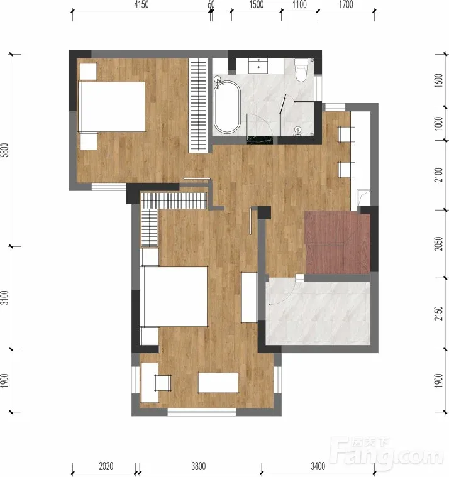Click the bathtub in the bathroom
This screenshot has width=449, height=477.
tap(227, 106)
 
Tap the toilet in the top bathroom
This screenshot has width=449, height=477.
tap(301, 70)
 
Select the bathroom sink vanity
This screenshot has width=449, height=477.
tap(258, 66)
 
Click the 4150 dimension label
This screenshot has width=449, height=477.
tap(141, 4)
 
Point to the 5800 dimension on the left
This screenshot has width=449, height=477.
tap(4, 150)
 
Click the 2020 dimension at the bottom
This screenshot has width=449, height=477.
tap(106, 466)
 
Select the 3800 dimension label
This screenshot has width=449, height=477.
tap(199, 466)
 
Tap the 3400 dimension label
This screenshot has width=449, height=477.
tap(318, 466)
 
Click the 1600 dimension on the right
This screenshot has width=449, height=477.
tap(439, 80)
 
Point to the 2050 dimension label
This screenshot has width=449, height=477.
tap(439, 244)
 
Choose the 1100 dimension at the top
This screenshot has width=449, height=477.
tap(299, 4)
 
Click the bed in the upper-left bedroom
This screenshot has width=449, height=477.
tap(111, 106)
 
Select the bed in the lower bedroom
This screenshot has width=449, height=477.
tap(174, 297)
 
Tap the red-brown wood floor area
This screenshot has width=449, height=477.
tap(337, 243)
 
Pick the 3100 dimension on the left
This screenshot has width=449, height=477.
tap(4, 297)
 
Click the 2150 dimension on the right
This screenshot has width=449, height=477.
tap(439, 314)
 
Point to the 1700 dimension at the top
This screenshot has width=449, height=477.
tap(346, 4)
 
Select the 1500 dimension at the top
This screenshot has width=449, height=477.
tap(257, 4)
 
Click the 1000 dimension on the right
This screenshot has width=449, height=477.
tap(439, 123)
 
